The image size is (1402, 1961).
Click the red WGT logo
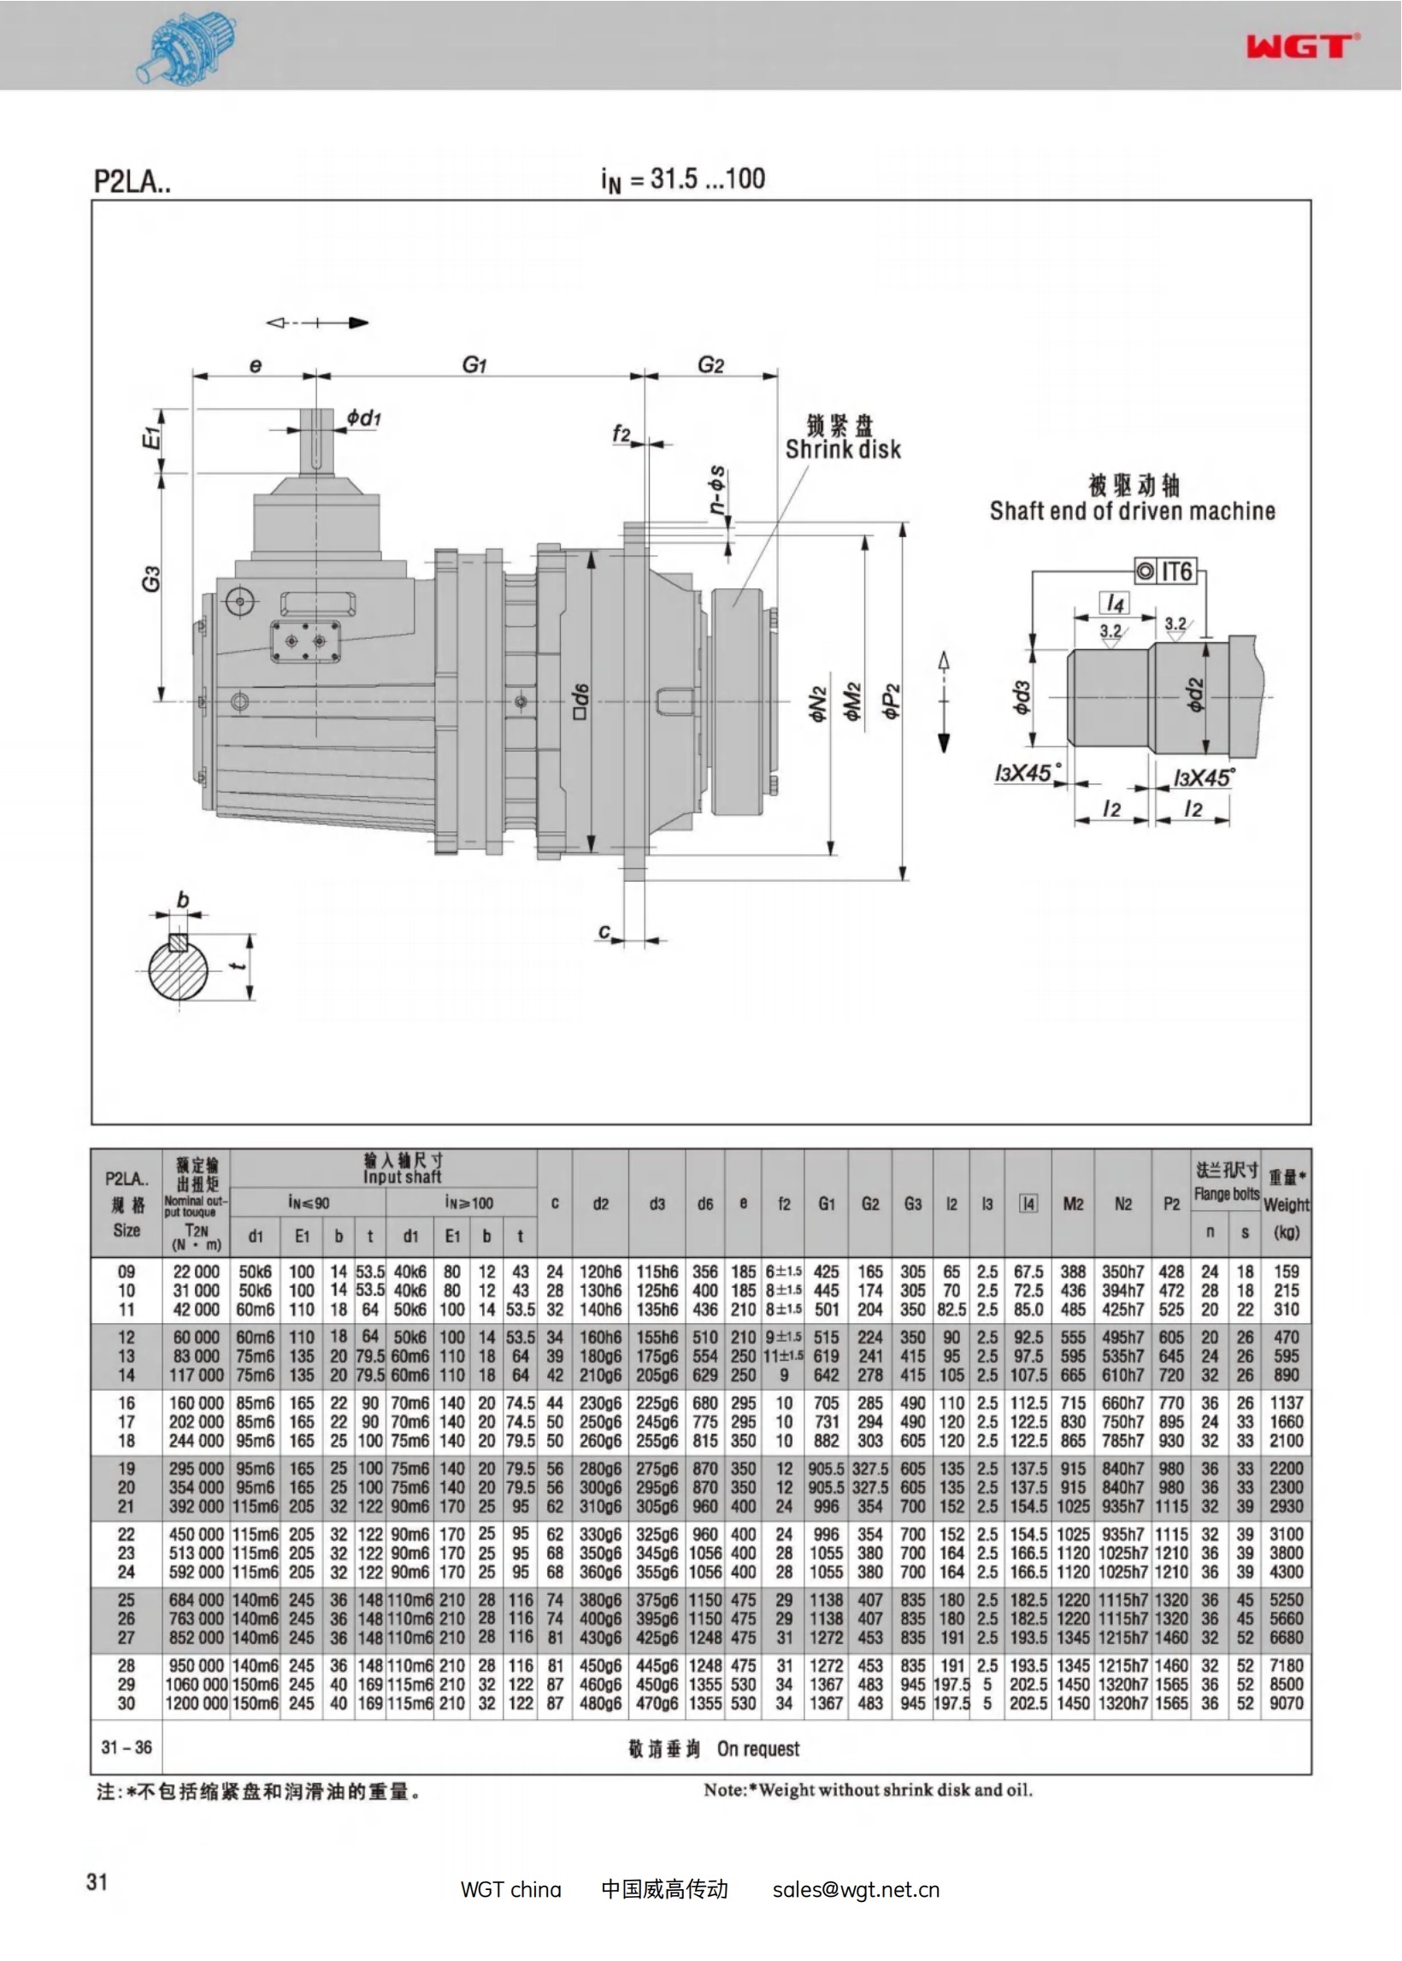[1302, 46]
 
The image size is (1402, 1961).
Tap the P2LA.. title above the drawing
[133, 182]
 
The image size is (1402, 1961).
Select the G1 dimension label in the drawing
[474, 365]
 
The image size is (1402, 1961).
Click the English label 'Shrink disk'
[843, 450]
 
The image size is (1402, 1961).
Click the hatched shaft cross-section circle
[179, 969]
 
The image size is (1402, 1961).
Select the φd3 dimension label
[1021, 697]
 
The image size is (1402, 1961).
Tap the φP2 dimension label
[892, 700]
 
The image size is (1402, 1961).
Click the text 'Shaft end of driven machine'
[1132, 511]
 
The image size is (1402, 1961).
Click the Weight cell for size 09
[1286, 1271]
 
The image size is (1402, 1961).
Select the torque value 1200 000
[197, 1703]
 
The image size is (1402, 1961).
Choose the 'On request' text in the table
[758, 1749]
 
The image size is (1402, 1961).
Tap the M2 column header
[1073, 1204]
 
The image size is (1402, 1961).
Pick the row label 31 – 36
[126, 1747]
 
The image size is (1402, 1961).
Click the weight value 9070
[1286, 1703]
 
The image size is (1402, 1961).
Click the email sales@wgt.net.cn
[856, 1889]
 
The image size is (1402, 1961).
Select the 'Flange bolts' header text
[1226, 1194]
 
